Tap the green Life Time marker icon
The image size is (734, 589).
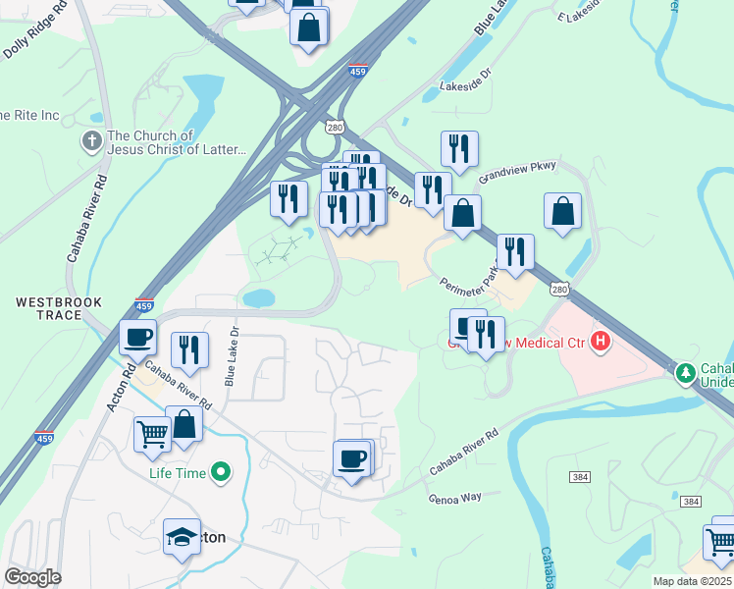click(222, 473)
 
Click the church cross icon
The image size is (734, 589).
click(93, 141)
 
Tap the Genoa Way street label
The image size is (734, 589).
click(454, 498)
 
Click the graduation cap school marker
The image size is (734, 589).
click(182, 538)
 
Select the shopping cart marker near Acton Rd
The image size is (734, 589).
click(152, 432)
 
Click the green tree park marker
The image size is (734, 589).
click(684, 372)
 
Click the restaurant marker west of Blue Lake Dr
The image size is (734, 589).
click(189, 350)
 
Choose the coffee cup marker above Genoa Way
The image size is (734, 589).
click(351, 457)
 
